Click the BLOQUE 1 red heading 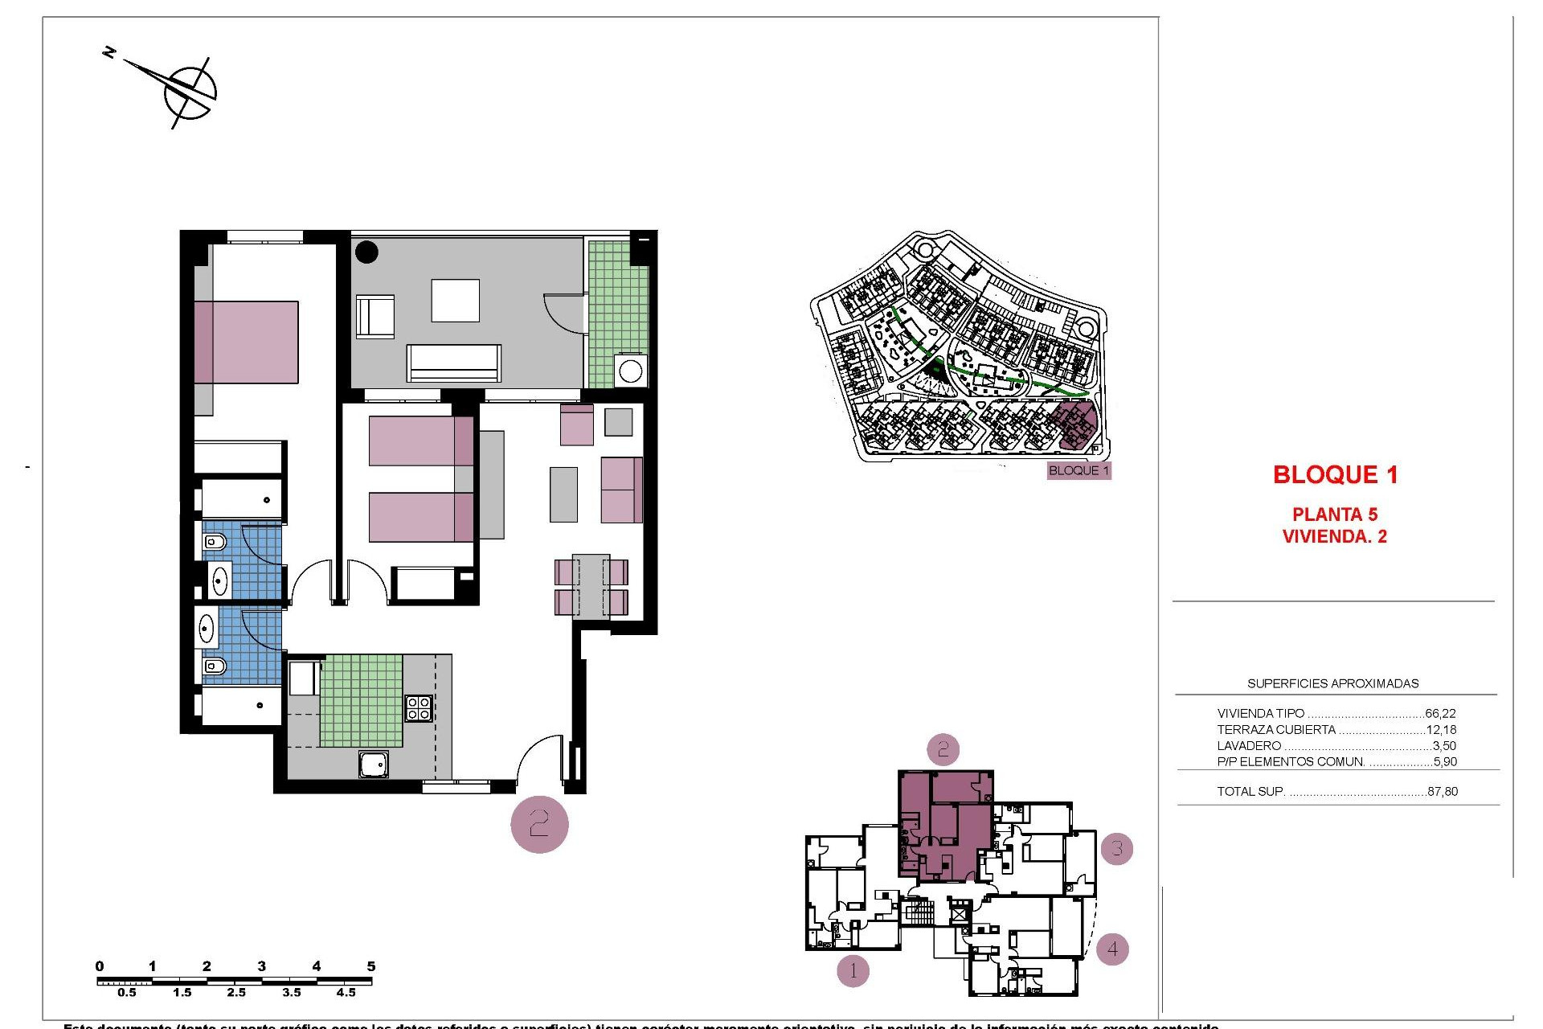[1335, 475]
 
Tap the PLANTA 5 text [1334, 514]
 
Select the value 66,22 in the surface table [1440, 713]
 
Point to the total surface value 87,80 [1442, 791]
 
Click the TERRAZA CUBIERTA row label [1276, 730]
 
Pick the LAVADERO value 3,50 [1444, 746]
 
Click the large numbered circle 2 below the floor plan [539, 824]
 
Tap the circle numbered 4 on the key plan [1112, 949]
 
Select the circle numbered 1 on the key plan [853, 971]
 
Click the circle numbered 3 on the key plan [1116, 848]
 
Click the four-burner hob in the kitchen [419, 707]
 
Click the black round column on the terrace [366, 252]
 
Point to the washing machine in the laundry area [631, 372]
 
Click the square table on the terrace [455, 301]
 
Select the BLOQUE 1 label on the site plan [1078, 470]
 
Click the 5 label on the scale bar [370, 966]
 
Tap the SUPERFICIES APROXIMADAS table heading [1332, 683]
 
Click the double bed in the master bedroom [246, 342]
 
